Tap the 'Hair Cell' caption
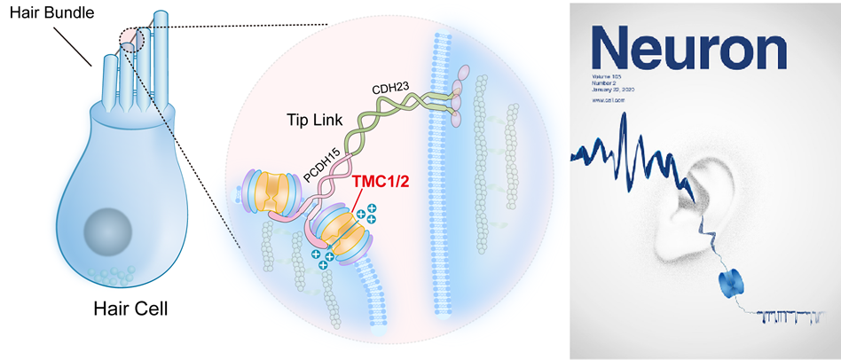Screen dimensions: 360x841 pos(130,309)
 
